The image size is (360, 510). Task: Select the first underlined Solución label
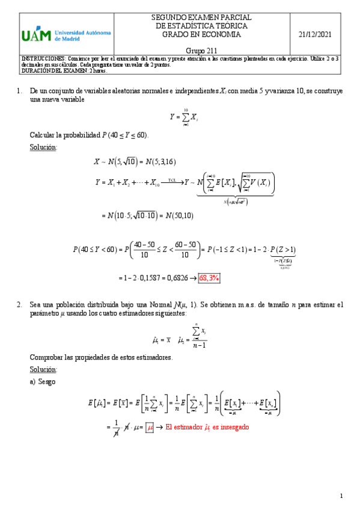point(43,147)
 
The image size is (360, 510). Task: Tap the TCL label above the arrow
point(172,179)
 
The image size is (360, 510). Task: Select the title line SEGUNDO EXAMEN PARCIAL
point(201,17)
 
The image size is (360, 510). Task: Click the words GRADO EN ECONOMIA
point(201,34)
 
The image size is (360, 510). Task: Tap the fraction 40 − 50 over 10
point(145,250)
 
